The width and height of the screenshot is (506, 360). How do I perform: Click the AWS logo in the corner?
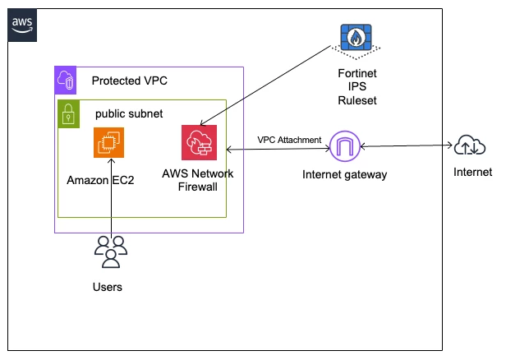[x=22, y=25]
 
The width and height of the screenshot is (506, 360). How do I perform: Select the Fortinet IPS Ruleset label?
[x=356, y=87]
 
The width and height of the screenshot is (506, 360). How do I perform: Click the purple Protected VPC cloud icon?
[x=66, y=80]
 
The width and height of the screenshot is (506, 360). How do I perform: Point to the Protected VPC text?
[x=130, y=81]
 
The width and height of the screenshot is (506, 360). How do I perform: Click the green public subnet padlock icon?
[x=69, y=114]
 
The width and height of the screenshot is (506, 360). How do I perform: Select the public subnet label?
[x=129, y=113]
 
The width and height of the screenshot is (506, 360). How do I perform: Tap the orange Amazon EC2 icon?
[x=108, y=142]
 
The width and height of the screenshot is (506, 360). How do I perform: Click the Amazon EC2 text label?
[x=100, y=180]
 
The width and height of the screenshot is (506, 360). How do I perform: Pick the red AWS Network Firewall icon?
[x=199, y=142]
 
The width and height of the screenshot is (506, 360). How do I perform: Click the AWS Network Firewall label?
[x=197, y=180]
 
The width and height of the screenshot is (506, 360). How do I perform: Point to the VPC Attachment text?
[x=289, y=140]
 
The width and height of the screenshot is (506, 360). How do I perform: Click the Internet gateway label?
[x=345, y=175]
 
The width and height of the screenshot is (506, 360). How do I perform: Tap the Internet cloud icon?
[x=470, y=145]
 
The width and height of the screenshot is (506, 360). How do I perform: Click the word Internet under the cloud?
[x=473, y=172]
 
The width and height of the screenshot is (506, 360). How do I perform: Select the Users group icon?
[x=111, y=252]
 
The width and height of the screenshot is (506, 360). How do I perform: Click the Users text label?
[x=108, y=287]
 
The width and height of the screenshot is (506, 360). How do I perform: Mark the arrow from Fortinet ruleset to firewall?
[x=265, y=85]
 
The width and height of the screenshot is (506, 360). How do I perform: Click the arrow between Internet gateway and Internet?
[x=407, y=146]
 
